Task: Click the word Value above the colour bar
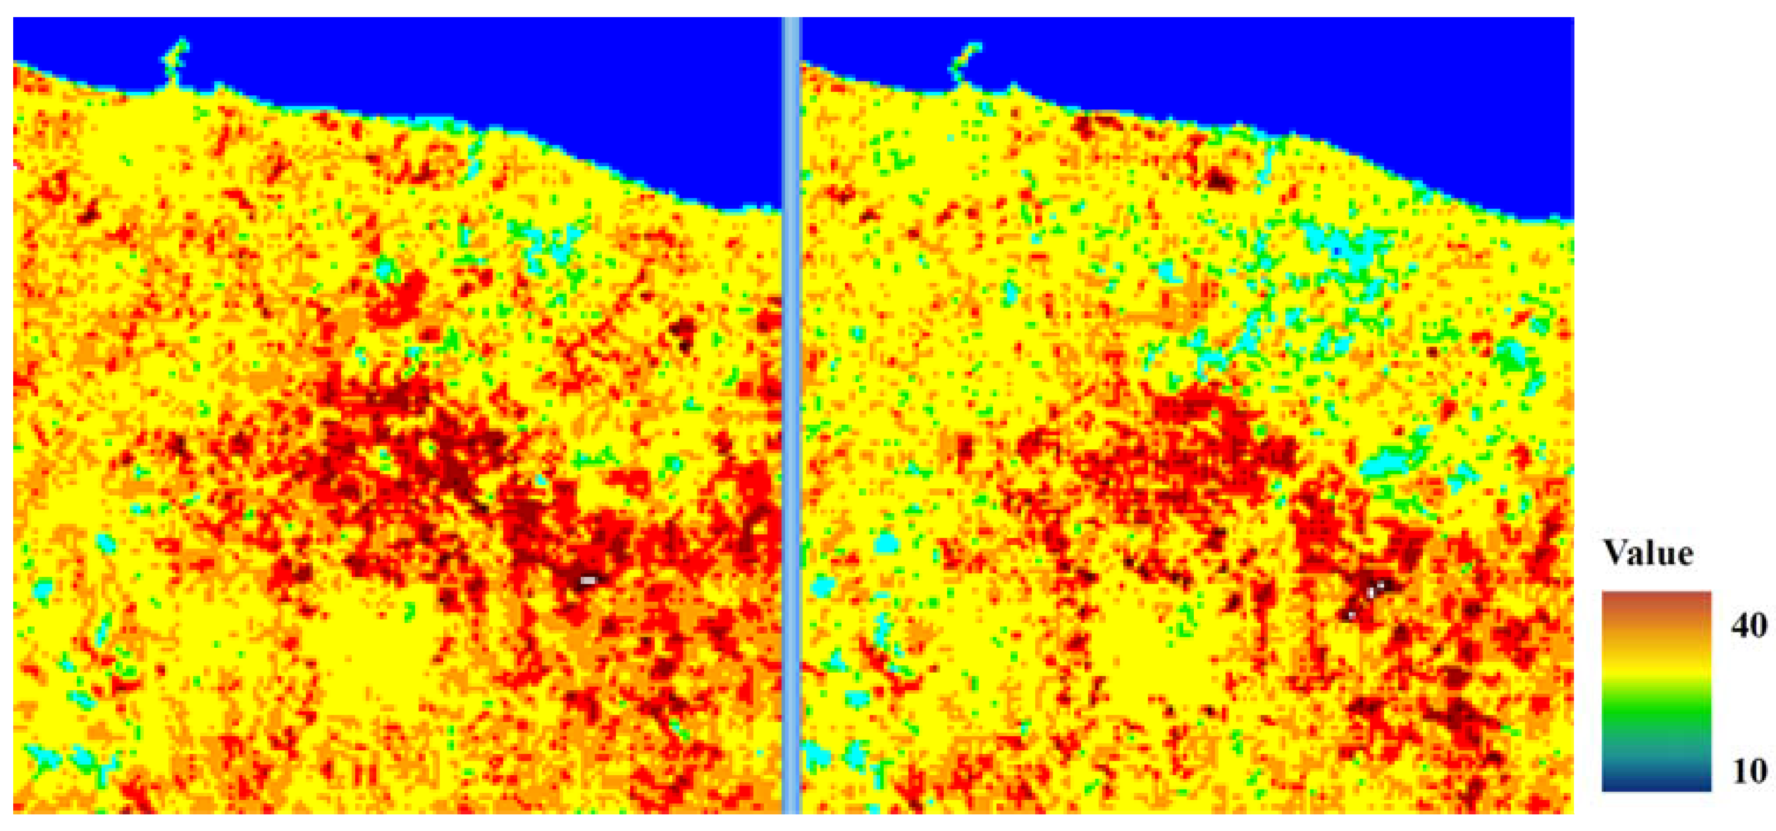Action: click(x=1648, y=553)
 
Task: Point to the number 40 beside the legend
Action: click(x=1749, y=626)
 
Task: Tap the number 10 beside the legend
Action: click(x=1749, y=771)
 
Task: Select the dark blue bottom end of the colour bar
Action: click(x=1656, y=782)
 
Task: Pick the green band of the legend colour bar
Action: click(x=1656, y=713)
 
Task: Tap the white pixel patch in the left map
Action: click(x=588, y=581)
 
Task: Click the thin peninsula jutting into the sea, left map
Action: click(x=176, y=62)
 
